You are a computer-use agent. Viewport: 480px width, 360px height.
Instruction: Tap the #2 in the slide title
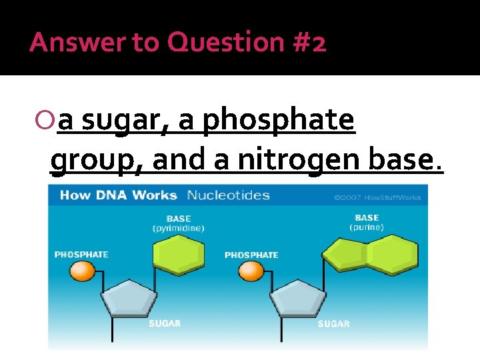pyautogui.click(x=309, y=43)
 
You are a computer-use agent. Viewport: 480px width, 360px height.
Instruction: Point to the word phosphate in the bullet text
pyautogui.click(x=279, y=120)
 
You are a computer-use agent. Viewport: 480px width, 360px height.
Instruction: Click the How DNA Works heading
pyautogui.click(x=118, y=195)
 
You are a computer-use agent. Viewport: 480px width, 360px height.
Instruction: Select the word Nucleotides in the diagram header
pyautogui.click(x=229, y=195)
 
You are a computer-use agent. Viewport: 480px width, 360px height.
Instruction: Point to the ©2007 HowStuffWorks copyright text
pyautogui.click(x=377, y=197)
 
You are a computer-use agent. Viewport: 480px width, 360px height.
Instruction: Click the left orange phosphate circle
pyautogui.click(x=83, y=271)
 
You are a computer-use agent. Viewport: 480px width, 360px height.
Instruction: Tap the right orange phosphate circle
pyautogui.click(x=251, y=271)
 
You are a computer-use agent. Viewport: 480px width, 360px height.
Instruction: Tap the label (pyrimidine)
pyautogui.click(x=178, y=228)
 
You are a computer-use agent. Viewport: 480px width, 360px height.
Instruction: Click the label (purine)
pyautogui.click(x=367, y=227)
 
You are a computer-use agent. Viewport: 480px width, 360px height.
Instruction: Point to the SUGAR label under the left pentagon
pyautogui.click(x=164, y=323)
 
